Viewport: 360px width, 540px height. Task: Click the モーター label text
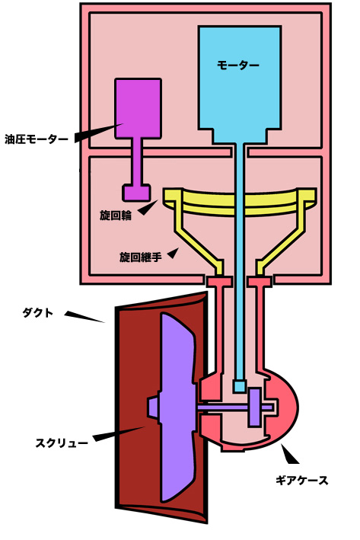click(x=237, y=65)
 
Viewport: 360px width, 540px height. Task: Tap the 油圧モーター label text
click(x=37, y=139)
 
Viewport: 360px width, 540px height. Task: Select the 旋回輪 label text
click(x=116, y=216)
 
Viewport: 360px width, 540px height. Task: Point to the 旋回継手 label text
click(x=140, y=257)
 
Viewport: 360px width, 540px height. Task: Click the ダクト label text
click(x=38, y=313)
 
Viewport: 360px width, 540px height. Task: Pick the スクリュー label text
click(x=62, y=443)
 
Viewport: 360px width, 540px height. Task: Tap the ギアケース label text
click(x=302, y=480)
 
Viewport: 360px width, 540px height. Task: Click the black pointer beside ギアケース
click(x=289, y=454)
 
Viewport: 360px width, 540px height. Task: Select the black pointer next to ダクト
click(x=84, y=317)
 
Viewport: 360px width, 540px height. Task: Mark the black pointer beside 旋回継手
click(x=174, y=253)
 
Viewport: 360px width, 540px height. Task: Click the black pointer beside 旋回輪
click(x=148, y=208)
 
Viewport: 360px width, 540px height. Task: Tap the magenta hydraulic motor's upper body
click(x=138, y=108)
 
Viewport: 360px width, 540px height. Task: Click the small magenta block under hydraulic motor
click(x=137, y=193)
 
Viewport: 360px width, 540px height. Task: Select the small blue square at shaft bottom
click(x=240, y=386)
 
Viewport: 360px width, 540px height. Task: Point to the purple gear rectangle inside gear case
click(x=255, y=407)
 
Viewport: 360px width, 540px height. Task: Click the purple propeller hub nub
click(x=152, y=407)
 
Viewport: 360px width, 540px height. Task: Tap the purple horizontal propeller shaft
click(x=234, y=407)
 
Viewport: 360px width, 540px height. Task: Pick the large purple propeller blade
click(x=178, y=407)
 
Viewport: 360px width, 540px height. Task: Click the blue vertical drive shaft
click(x=240, y=262)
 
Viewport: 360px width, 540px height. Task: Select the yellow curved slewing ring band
click(x=240, y=203)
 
